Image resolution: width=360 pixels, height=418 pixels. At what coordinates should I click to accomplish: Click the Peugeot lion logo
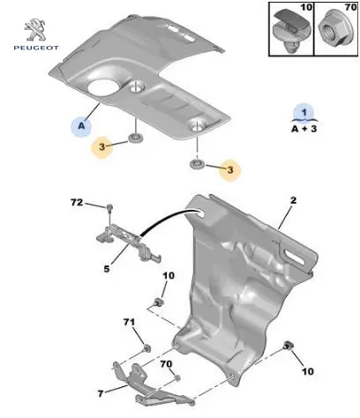(35, 29)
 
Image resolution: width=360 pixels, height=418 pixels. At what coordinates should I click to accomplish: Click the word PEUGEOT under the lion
(36, 48)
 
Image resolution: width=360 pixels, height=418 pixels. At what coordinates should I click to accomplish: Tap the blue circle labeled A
(81, 126)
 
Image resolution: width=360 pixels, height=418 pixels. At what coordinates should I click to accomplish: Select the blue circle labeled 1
(304, 113)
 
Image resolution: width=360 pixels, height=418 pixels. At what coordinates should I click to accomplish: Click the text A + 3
(304, 129)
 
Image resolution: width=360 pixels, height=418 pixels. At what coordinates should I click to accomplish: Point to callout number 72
(77, 203)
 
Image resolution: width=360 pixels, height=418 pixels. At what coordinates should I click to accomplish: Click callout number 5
(107, 268)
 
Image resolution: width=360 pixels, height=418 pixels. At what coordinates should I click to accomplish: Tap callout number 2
(293, 200)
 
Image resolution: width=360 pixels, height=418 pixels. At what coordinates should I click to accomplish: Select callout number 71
(129, 322)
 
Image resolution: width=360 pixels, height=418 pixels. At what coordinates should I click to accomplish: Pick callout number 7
(101, 393)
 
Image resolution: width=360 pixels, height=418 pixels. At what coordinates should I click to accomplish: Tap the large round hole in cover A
(103, 87)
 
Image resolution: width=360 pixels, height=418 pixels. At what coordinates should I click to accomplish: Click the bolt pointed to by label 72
(109, 208)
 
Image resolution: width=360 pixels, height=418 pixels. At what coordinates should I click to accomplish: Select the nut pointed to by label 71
(146, 348)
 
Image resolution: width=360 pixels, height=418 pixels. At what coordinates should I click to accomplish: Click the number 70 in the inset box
(351, 7)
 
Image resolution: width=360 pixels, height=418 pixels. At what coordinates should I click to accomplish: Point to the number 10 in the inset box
(306, 7)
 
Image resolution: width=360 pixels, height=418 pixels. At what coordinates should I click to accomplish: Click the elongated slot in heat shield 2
(295, 257)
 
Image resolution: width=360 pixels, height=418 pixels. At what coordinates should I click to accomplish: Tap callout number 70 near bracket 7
(166, 364)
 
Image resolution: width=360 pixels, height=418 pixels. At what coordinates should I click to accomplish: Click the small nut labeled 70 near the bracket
(177, 378)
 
